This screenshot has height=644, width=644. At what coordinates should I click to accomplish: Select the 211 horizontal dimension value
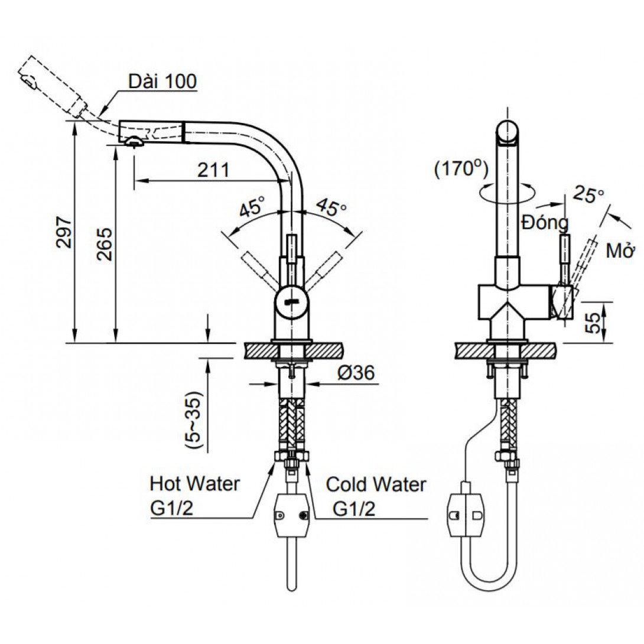point(213,170)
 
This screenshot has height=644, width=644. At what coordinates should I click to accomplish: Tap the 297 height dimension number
point(64,231)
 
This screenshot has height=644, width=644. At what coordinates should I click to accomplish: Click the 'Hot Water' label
point(196,484)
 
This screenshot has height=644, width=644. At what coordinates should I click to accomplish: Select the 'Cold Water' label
point(376,485)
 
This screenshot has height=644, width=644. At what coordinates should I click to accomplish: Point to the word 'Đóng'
point(545,223)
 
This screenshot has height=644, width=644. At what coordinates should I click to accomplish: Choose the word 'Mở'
point(620,252)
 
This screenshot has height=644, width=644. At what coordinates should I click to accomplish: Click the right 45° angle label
point(331,207)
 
